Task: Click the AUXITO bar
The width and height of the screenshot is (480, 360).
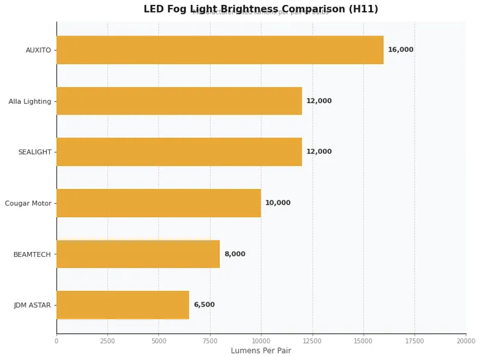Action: (x=220, y=50)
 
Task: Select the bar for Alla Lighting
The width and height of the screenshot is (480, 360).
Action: (x=179, y=101)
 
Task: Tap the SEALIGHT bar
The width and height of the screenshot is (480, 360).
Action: (x=179, y=152)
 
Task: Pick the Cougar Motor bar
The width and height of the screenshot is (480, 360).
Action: (x=158, y=203)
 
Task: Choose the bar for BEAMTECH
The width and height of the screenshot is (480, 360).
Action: (x=138, y=254)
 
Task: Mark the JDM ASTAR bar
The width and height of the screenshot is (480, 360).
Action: (x=122, y=305)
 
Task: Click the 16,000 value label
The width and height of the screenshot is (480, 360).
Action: (x=400, y=50)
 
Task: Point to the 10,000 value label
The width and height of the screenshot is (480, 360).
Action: (x=278, y=203)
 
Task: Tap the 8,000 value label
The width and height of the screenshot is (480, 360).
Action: (x=235, y=254)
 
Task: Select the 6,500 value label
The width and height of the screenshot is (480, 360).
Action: (x=204, y=305)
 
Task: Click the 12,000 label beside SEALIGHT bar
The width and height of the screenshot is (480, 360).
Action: (x=319, y=152)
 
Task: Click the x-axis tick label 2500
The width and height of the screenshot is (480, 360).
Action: (x=107, y=341)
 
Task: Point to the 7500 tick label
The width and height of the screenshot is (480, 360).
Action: (x=210, y=341)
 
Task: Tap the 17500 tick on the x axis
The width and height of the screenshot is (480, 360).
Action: (x=414, y=341)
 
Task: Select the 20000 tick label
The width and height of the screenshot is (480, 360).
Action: (x=465, y=341)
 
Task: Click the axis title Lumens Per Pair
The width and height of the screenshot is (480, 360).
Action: (x=261, y=351)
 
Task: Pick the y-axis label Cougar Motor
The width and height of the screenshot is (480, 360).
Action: (x=28, y=203)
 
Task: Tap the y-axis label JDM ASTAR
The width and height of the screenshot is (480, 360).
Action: (x=32, y=305)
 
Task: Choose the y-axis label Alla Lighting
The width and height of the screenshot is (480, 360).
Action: (x=30, y=101)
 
